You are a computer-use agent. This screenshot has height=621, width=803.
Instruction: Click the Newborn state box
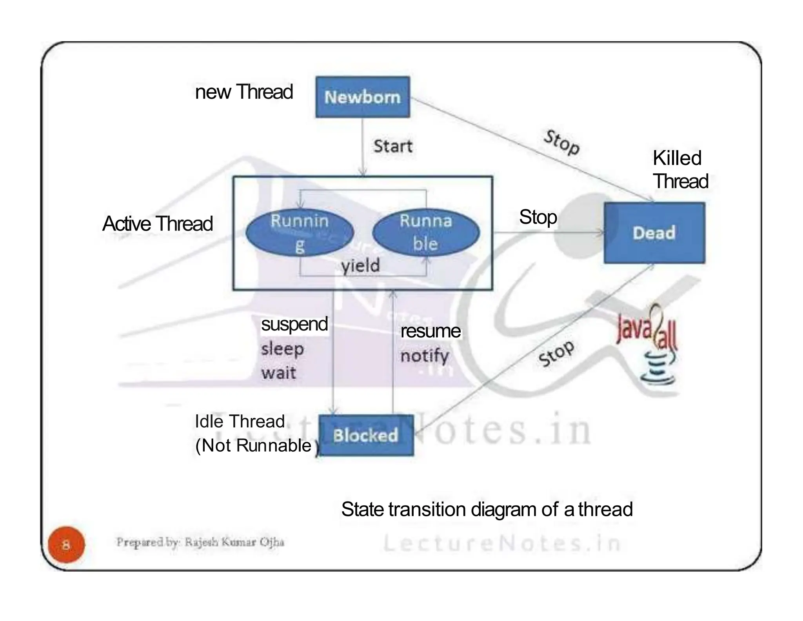pos(363,97)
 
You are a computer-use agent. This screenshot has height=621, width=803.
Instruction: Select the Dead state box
pos(654,233)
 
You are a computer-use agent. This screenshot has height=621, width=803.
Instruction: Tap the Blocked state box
pos(366,435)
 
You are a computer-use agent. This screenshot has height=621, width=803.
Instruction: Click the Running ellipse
pos(300,233)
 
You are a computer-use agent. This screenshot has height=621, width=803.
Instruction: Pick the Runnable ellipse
pos(426,233)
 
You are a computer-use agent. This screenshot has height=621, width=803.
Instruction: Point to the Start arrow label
pos(392,146)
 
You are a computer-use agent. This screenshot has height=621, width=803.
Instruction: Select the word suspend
pos(294,324)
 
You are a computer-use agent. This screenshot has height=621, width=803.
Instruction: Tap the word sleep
pos(282,349)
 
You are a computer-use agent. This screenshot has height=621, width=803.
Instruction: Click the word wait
pos(278,372)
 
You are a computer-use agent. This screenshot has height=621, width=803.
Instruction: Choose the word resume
pos(430,331)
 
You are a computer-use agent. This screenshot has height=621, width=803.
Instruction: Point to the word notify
pos(424,356)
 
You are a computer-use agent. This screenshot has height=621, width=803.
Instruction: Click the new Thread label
pos(244,92)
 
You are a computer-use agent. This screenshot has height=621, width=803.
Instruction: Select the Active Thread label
pos(157,224)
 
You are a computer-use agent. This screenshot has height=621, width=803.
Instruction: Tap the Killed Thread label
pos(680,170)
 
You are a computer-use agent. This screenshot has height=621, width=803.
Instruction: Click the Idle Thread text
pos(240,422)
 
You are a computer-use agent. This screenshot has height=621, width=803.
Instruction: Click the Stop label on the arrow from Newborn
pos(561,143)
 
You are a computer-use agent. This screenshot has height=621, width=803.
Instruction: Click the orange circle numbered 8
pos(66,545)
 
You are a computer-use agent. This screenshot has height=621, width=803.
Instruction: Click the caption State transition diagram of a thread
pos(487,509)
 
